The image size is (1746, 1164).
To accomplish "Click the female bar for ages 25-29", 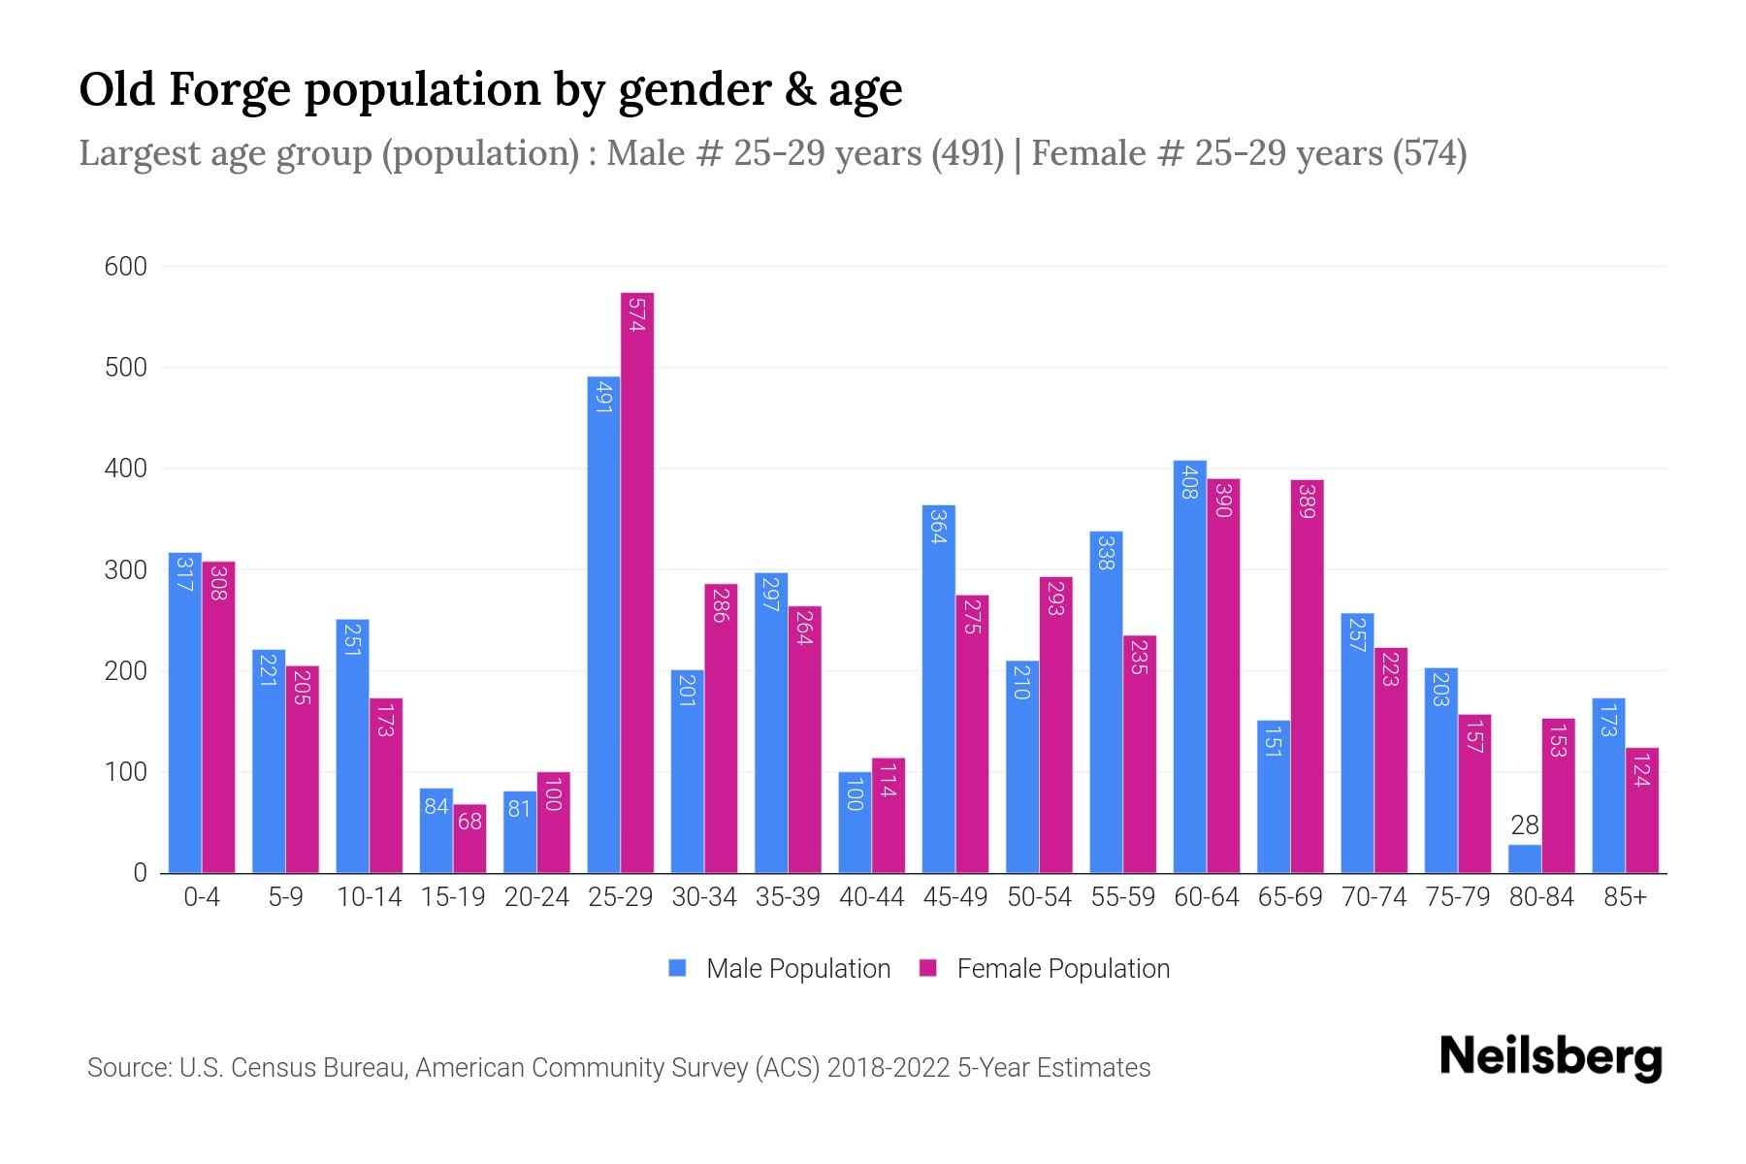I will (x=637, y=582).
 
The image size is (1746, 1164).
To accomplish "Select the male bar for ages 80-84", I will (x=1525, y=858).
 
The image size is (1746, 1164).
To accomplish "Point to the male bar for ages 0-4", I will (x=185, y=713).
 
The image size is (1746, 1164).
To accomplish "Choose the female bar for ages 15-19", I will (x=469, y=838).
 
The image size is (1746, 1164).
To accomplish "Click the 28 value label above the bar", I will (x=1525, y=825).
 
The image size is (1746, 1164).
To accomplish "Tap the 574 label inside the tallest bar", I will (x=637, y=314).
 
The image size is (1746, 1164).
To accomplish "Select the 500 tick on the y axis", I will (x=125, y=368).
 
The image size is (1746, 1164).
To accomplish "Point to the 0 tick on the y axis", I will (x=141, y=873).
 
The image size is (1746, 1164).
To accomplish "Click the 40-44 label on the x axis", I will (x=871, y=897).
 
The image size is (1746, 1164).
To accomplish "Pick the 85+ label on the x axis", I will (x=1625, y=897).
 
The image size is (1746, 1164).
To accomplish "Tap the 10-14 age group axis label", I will (x=369, y=897).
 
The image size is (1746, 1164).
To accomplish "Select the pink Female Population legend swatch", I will (x=928, y=968).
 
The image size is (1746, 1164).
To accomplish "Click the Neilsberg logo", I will (x=1550, y=1057).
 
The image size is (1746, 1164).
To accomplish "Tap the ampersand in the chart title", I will (x=794, y=90).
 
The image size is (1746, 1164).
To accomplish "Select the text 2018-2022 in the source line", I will (x=889, y=1068).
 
